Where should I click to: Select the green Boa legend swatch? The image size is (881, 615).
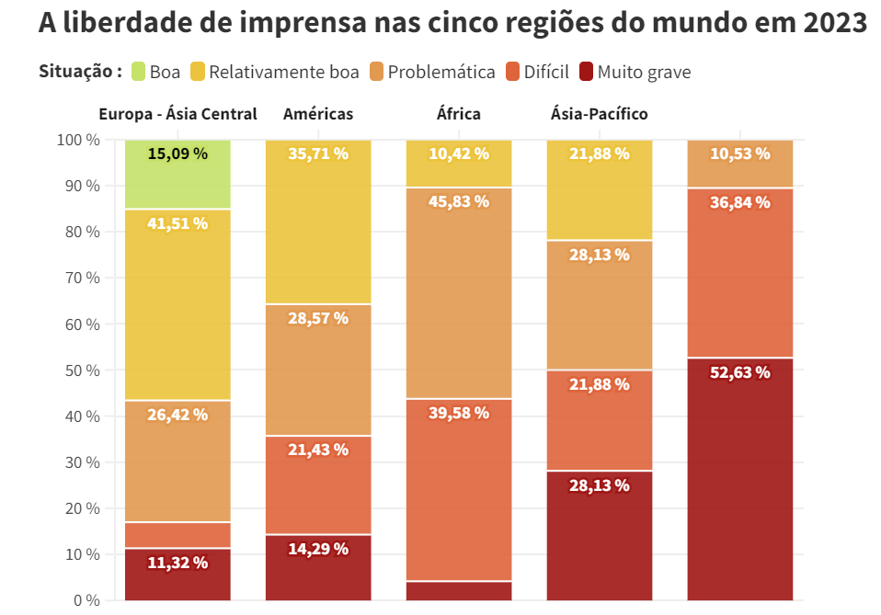pos(138,72)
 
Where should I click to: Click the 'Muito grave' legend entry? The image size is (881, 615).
pos(644,72)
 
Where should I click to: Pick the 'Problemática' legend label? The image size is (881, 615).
pos(441,72)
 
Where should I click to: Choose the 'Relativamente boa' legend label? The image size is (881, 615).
pos(284,72)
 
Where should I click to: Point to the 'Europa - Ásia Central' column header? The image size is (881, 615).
pos(177,114)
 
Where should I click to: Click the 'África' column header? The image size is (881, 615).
pos(458,114)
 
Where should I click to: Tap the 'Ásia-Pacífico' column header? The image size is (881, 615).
pos(599,114)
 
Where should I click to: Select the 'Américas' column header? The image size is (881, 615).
pos(318,114)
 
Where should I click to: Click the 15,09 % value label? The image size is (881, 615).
pos(177,154)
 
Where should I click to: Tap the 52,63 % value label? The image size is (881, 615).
pos(740,372)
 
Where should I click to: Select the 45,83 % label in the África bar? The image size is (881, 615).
pos(459,201)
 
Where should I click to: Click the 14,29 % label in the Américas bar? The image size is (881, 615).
pos(318,549)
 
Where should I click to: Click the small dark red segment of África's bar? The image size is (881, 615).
pos(459,591)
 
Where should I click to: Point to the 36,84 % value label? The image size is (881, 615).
pos(740,201)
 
